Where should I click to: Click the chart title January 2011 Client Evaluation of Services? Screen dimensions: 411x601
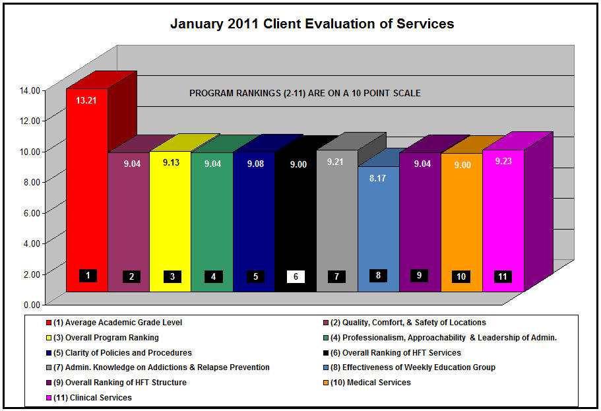[x=312, y=24]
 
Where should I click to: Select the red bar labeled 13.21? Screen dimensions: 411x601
[x=86, y=191]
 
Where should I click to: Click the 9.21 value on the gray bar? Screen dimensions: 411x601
[x=336, y=162]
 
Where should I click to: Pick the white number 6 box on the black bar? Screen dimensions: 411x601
[x=296, y=276]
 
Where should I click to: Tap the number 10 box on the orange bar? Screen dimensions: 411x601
[x=462, y=276]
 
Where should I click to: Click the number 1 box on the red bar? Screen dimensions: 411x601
[x=88, y=275]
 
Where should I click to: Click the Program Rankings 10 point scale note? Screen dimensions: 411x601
[x=305, y=93]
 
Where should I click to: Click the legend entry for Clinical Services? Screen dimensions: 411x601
[x=92, y=398]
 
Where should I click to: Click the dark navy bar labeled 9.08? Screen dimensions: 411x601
[x=253, y=218]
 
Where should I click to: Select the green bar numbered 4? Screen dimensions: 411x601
[x=212, y=218]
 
